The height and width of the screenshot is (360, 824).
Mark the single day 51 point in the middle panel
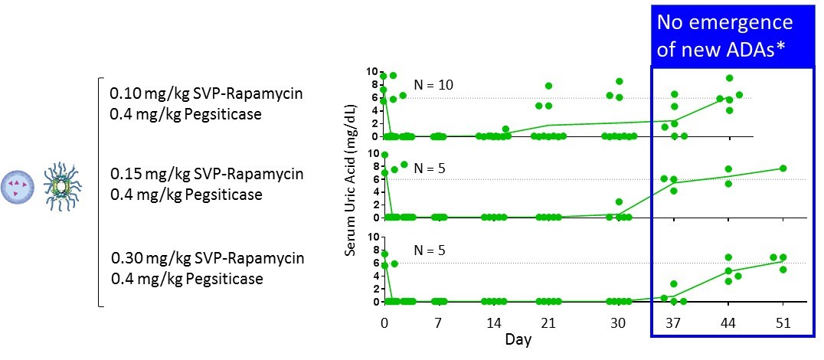click(x=783, y=169)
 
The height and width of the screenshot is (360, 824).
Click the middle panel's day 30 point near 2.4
click(x=618, y=202)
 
